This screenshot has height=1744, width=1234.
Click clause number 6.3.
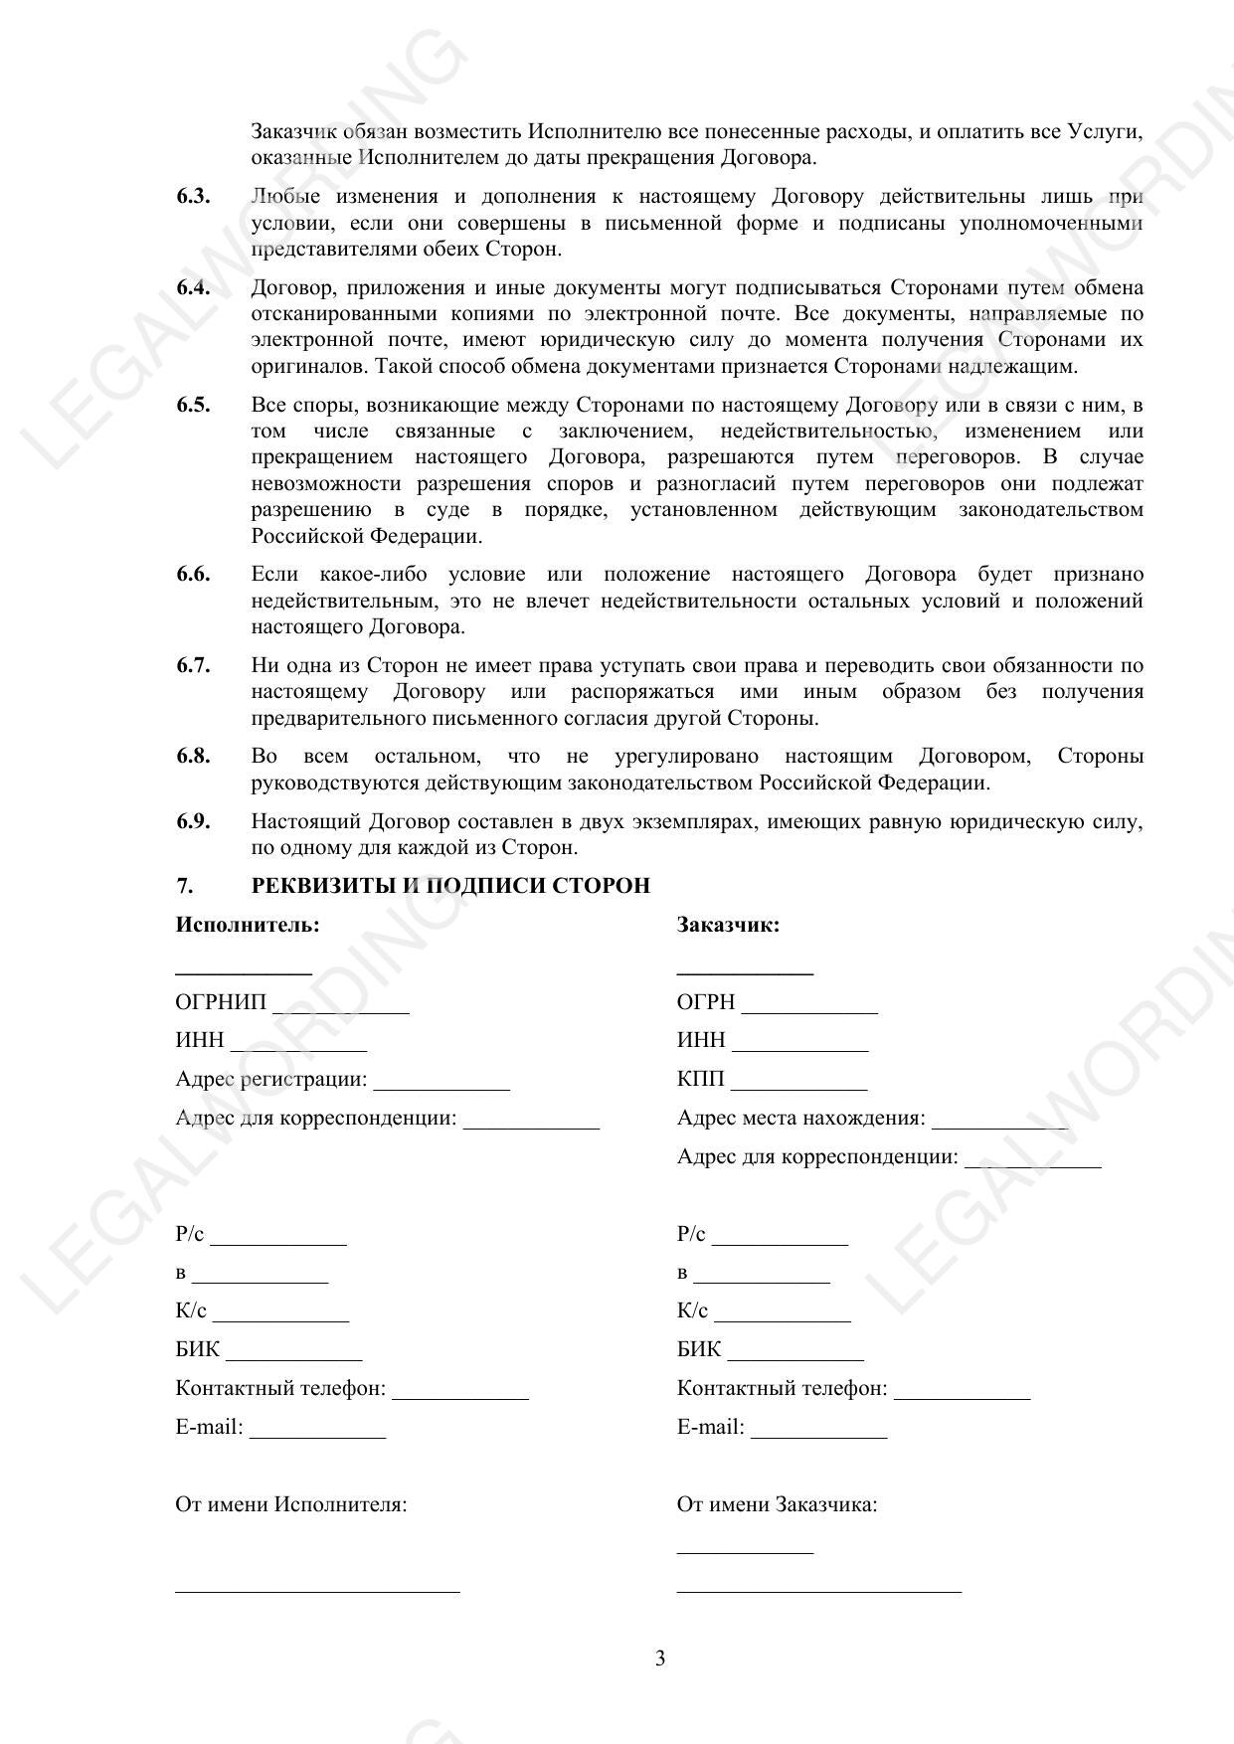click(x=193, y=196)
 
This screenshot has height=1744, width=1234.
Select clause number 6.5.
click(x=193, y=405)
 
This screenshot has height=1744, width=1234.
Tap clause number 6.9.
click(x=193, y=821)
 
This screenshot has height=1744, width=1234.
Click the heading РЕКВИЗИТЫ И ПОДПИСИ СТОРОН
click(x=450, y=885)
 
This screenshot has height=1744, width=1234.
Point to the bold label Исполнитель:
click(x=248, y=925)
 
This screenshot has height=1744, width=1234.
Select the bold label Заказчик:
click(x=728, y=925)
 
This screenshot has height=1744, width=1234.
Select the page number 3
click(x=660, y=1658)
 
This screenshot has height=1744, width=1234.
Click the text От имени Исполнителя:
click(x=291, y=1504)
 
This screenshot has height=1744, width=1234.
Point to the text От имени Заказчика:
click(x=777, y=1504)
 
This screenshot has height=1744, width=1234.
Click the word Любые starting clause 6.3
click(x=285, y=196)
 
